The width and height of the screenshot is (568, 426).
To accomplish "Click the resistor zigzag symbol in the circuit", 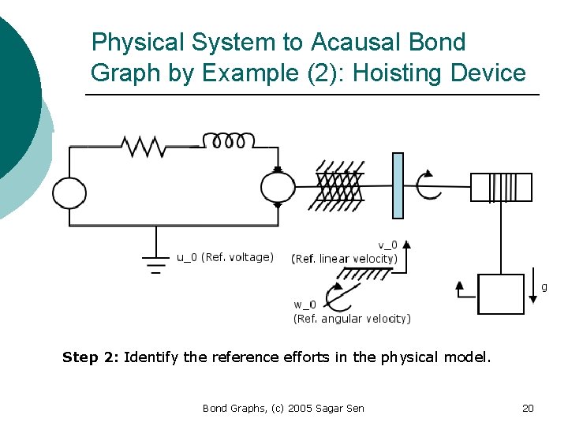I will point(142,145).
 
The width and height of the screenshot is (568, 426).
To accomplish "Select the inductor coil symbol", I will point(229,140).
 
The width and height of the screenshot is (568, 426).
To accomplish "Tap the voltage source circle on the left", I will point(69,192).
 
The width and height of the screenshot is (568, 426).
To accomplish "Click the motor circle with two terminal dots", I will point(278,188).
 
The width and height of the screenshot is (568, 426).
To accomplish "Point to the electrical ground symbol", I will point(156,263).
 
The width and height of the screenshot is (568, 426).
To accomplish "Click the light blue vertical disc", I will point(398,185).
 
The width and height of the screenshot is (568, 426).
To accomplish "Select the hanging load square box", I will point(502,293).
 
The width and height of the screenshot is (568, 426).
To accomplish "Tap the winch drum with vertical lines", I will point(501,188).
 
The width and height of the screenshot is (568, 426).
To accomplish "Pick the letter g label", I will point(544,287).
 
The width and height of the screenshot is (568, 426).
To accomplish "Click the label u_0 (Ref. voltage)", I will point(225,257).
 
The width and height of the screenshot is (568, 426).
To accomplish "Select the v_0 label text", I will point(387,245).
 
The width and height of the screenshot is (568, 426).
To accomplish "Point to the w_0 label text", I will point(305,305).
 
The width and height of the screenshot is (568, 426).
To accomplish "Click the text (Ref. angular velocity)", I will point(352,319).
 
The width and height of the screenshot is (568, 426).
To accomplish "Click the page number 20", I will point(528,408).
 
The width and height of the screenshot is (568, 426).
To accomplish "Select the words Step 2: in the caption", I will point(91,357).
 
